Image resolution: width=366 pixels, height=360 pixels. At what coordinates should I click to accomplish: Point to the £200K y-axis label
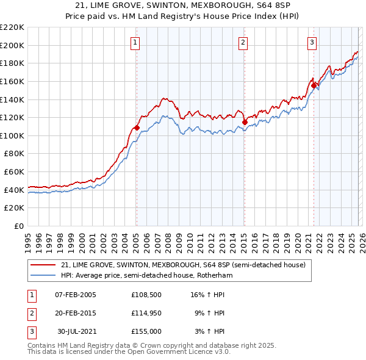12,45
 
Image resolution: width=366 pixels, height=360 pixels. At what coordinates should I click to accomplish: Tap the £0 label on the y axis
18,226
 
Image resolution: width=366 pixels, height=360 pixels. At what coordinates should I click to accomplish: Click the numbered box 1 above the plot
135,42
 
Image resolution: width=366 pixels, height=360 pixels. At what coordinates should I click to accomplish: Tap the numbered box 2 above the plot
243,42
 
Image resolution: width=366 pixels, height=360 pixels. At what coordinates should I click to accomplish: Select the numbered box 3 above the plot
312,42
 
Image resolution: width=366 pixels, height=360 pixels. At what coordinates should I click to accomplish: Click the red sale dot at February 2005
137,128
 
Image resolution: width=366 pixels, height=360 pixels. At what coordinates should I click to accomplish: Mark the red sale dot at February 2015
245,122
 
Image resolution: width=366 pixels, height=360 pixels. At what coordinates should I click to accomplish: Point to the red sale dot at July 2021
314,86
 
